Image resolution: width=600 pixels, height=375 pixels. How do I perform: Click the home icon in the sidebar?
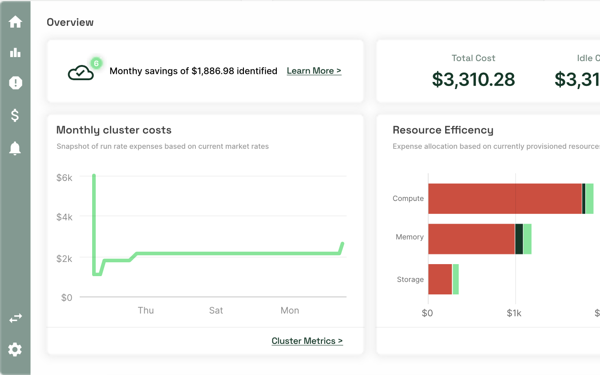click(15, 21)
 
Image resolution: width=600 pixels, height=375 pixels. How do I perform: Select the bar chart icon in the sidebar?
click(15, 53)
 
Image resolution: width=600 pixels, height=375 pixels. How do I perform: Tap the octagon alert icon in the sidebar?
click(15, 83)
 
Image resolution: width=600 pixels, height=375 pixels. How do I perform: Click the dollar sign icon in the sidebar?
click(15, 115)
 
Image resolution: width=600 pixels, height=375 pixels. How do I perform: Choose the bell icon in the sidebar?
click(15, 148)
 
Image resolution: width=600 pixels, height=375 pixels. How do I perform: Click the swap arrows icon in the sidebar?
click(15, 318)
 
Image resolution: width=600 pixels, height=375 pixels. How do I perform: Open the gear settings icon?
click(15, 350)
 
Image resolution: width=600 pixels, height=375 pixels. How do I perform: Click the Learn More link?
click(314, 71)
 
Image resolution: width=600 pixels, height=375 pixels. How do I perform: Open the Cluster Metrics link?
click(307, 341)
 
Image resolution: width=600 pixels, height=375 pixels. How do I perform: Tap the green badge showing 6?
click(96, 63)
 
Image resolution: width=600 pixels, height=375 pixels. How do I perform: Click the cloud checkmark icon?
click(81, 73)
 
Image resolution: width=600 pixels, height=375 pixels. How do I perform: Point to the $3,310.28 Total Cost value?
click(473, 79)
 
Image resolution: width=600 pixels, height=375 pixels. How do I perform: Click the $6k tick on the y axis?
click(64, 177)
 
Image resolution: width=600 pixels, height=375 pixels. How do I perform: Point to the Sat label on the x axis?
click(216, 310)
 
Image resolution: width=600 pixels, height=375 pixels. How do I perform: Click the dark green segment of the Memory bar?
click(519, 239)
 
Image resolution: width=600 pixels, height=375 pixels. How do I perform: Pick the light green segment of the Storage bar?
click(456, 279)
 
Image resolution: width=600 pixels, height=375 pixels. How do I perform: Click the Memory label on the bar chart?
click(409, 237)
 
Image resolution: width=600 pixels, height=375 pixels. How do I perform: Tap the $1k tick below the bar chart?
click(514, 313)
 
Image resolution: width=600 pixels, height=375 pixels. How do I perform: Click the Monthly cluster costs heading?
click(114, 130)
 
